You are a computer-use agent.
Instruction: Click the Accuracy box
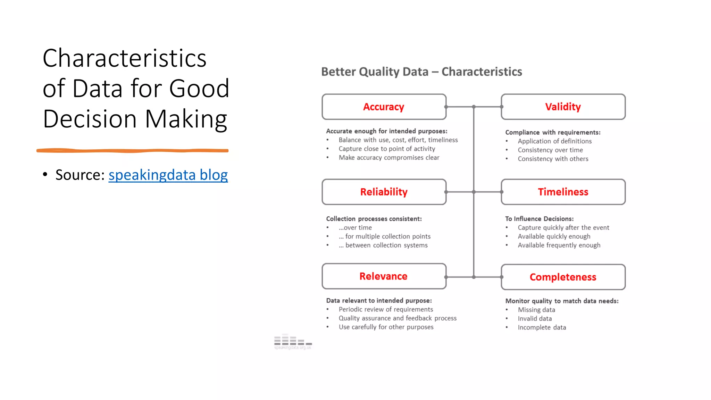(384, 107)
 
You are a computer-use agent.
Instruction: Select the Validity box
(563, 107)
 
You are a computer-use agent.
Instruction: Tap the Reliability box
(384, 192)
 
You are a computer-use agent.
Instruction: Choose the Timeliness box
(563, 192)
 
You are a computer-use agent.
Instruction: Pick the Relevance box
(384, 276)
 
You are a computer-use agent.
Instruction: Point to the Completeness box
(563, 277)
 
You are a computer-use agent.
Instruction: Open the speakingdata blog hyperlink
(168, 175)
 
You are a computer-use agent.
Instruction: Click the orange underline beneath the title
(132, 151)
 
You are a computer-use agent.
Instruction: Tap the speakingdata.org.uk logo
(293, 342)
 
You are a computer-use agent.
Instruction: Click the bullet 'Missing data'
(536, 310)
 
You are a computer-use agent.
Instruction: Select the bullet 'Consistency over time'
(550, 150)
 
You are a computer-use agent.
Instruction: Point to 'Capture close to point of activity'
(387, 149)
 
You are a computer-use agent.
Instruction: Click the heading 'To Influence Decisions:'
(539, 219)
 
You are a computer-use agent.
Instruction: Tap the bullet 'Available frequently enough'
(559, 245)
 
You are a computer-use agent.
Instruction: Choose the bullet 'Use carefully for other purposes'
(386, 327)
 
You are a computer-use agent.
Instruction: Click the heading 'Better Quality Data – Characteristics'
(421, 72)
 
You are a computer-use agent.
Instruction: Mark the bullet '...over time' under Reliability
(355, 228)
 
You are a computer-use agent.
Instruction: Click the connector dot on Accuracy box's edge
(446, 107)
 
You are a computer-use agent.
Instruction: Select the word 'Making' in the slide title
(186, 119)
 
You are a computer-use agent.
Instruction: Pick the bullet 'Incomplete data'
(542, 327)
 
